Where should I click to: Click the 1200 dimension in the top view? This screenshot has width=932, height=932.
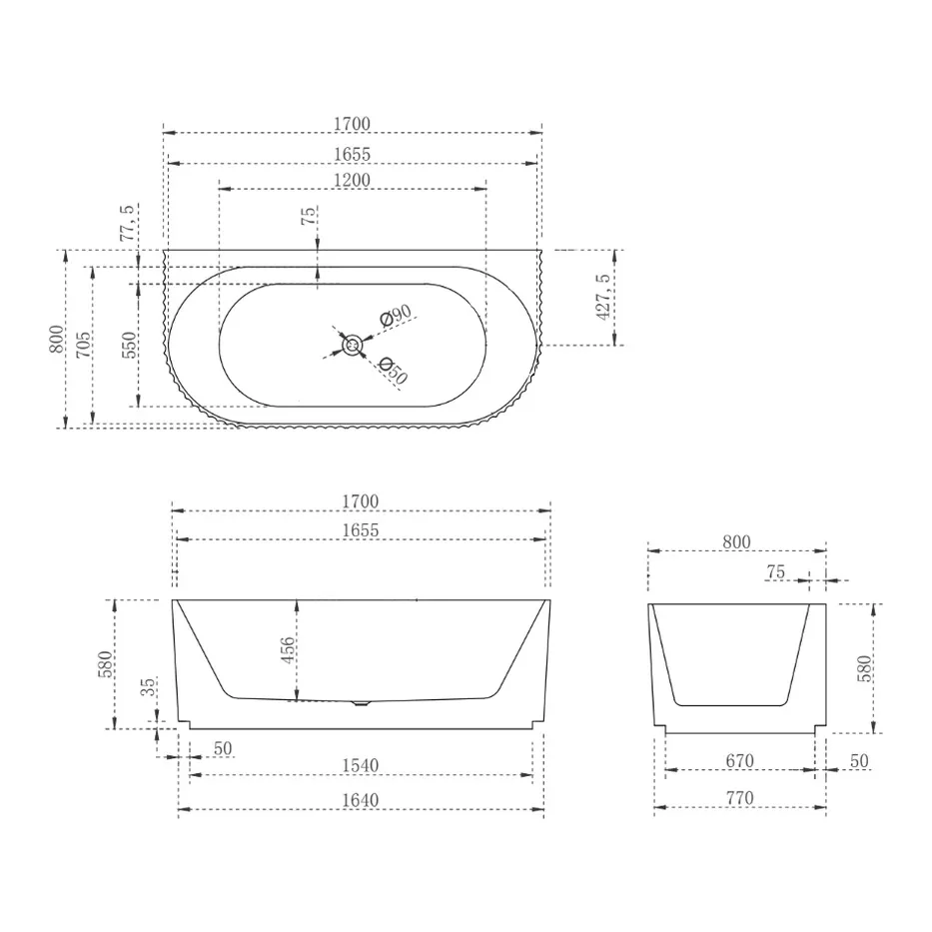click(x=352, y=180)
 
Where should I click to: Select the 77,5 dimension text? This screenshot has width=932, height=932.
click(x=126, y=225)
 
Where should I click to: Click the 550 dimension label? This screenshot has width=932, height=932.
click(x=128, y=345)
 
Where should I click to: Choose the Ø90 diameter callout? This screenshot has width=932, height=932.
click(x=397, y=317)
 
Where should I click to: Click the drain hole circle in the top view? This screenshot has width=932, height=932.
click(x=353, y=346)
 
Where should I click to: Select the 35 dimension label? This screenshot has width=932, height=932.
click(x=148, y=687)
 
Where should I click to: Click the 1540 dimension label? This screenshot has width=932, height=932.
click(x=360, y=765)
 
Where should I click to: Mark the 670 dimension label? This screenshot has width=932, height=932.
click(x=739, y=761)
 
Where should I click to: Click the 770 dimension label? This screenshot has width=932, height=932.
click(x=739, y=798)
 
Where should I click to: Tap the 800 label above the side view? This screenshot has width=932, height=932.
click(x=736, y=542)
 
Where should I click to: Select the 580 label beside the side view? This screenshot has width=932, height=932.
click(x=864, y=666)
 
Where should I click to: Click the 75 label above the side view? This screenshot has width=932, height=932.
click(x=776, y=572)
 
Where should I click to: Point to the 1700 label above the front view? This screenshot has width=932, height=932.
click(x=360, y=501)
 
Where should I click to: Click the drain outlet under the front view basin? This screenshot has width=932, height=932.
click(x=362, y=703)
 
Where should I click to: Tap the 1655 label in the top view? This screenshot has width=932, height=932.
click(x=352, y=154)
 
